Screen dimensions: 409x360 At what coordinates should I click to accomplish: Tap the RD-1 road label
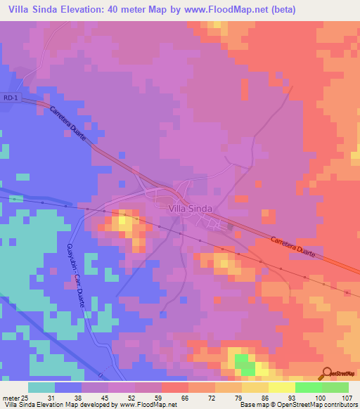(x=9, y=97)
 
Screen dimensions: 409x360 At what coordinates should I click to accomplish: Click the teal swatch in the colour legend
(x=41, y=387)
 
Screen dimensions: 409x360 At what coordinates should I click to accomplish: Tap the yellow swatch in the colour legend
(x=281, y=387)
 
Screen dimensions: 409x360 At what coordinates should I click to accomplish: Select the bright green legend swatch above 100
(x=308, y=387)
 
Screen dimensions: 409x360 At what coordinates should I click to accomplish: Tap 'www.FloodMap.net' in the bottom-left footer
(x=148, y=405)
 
